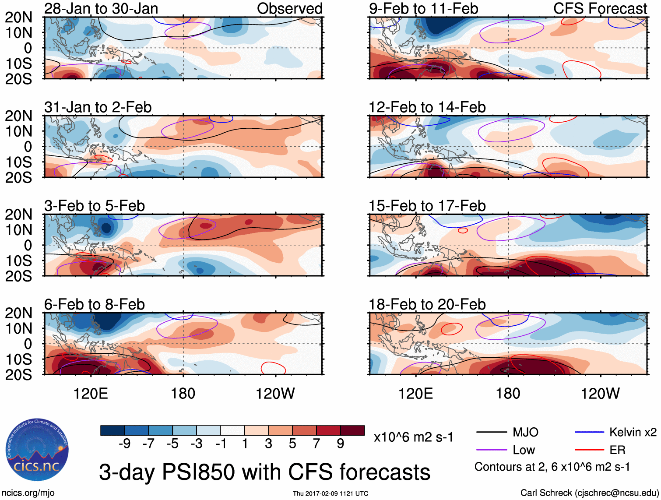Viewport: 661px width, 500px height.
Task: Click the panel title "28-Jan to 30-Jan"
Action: (x=101, y=9)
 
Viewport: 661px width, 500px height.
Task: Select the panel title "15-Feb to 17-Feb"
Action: (x=427, y=206)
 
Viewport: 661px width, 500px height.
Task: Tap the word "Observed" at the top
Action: (x=289, y=9)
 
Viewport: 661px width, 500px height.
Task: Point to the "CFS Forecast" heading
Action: (x=600, y=9)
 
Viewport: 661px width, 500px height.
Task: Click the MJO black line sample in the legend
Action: (x=491, y=433)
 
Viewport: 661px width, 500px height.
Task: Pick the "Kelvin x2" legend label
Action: (x=633, y=433)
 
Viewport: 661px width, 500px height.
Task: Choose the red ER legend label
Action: (x=617, y=450)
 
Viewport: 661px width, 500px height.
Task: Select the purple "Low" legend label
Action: (x=524, y=450)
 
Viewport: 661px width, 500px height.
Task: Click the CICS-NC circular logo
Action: (x=37, y=450)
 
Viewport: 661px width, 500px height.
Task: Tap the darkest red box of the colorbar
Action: (x=352, y=430)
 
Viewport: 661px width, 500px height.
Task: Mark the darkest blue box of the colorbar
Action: (x=113, y=430)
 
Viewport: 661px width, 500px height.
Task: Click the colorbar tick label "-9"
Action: (x=124, y=444)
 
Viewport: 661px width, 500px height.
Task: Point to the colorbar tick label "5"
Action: (x=292, y=444)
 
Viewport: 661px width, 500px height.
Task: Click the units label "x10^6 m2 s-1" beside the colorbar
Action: (x=413, y=437)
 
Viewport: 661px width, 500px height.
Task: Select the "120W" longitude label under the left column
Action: (x=275, y=394)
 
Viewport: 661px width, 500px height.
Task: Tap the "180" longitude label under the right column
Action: (x=508, y=394)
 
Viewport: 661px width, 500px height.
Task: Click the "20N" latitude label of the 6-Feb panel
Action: (x=18, y=313)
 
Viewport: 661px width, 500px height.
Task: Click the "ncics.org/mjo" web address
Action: (x=28, y=493)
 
